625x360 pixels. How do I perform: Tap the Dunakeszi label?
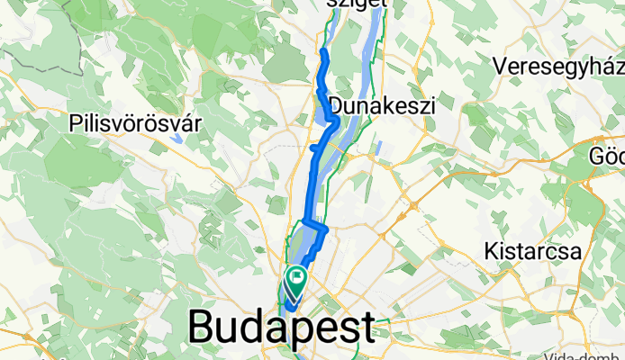click(x=383, y=105)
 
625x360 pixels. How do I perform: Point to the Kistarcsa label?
click(x=530, y=251)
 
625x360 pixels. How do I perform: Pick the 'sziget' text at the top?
click(x=358, y=4)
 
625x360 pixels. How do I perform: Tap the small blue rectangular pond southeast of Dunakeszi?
click(x=383, y=148)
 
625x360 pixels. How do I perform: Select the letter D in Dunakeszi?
click(x=338, y=105)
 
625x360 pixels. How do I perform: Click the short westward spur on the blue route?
click(x=312, y=147)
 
